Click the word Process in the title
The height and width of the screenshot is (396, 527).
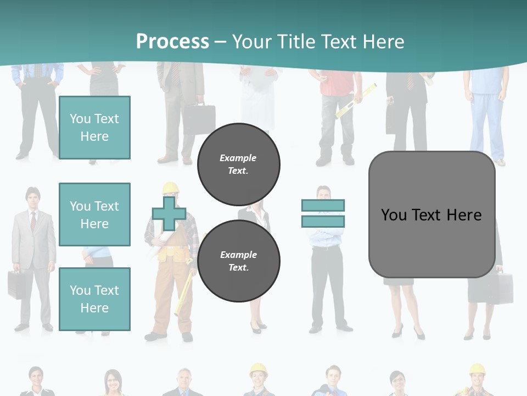click(172, 41)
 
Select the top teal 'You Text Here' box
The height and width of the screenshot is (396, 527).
click(94, 128)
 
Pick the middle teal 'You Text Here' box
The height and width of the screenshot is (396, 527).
click(94, 215)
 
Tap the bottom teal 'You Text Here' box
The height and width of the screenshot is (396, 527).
click(94, 299)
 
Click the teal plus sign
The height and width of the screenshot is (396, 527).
click(169, 214)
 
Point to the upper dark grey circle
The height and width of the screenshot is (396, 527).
click(239, 164)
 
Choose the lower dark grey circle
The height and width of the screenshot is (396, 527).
click(239, 261)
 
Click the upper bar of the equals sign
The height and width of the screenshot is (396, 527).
click(323, 205)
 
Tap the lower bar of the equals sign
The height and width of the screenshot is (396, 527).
click(323, 222)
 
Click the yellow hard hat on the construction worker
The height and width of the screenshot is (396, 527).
click(171, 188)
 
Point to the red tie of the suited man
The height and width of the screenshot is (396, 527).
click(33, 221)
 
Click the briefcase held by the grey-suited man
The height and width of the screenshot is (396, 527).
click(16, 284)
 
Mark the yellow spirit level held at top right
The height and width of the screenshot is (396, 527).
click(356, 101)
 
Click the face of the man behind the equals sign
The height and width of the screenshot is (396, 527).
click(323, 194)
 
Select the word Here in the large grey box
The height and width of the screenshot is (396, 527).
click(464, 215)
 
